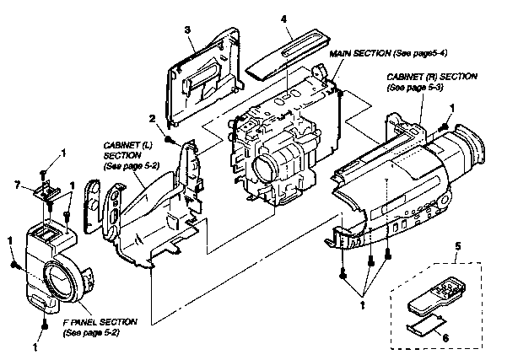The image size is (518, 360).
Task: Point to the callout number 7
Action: (19, 184)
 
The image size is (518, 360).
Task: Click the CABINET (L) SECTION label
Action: (125, 155)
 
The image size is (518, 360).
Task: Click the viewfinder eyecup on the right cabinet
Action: (464, 151)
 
